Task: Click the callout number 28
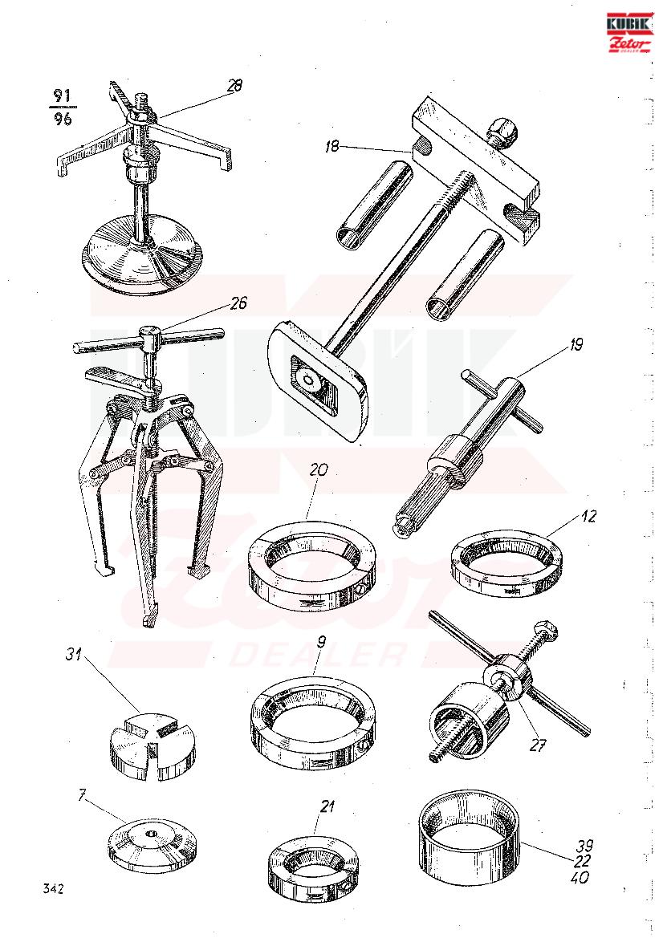[x=234, y=86]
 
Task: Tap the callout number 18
[x=331, y=146]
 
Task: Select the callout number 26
[x=238, y=303]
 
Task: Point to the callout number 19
[x=576, y=344]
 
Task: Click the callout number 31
[x=74, y=655]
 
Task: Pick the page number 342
[x=53, y=888]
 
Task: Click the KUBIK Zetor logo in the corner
[x=629, y=33]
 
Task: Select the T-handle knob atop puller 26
[x=148, y=333]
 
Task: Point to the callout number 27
[x=537, y=745]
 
